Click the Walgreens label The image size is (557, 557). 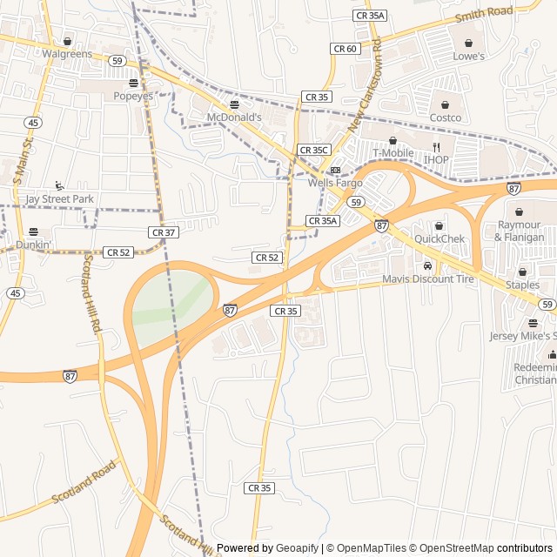point(67,54)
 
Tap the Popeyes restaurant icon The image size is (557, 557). point(133,84)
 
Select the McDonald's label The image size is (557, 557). point(234,117)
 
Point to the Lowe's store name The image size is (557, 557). point(468,56)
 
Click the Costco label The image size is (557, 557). point(445,117)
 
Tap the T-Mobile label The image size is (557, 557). point(393,153)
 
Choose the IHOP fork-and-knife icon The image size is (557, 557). point(437,147)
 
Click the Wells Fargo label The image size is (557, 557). point(335,183)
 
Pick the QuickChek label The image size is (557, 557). point(440,238)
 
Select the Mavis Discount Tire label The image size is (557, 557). point(428,279)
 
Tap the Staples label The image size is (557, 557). point(522,285)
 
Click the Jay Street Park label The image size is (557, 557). point(59,198)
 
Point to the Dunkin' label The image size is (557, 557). point(34,245)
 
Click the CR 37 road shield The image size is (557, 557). point(164,232)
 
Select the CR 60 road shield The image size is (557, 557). point(346,49)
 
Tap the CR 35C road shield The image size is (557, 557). point(313,150)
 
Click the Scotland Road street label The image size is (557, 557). point(84,483)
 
